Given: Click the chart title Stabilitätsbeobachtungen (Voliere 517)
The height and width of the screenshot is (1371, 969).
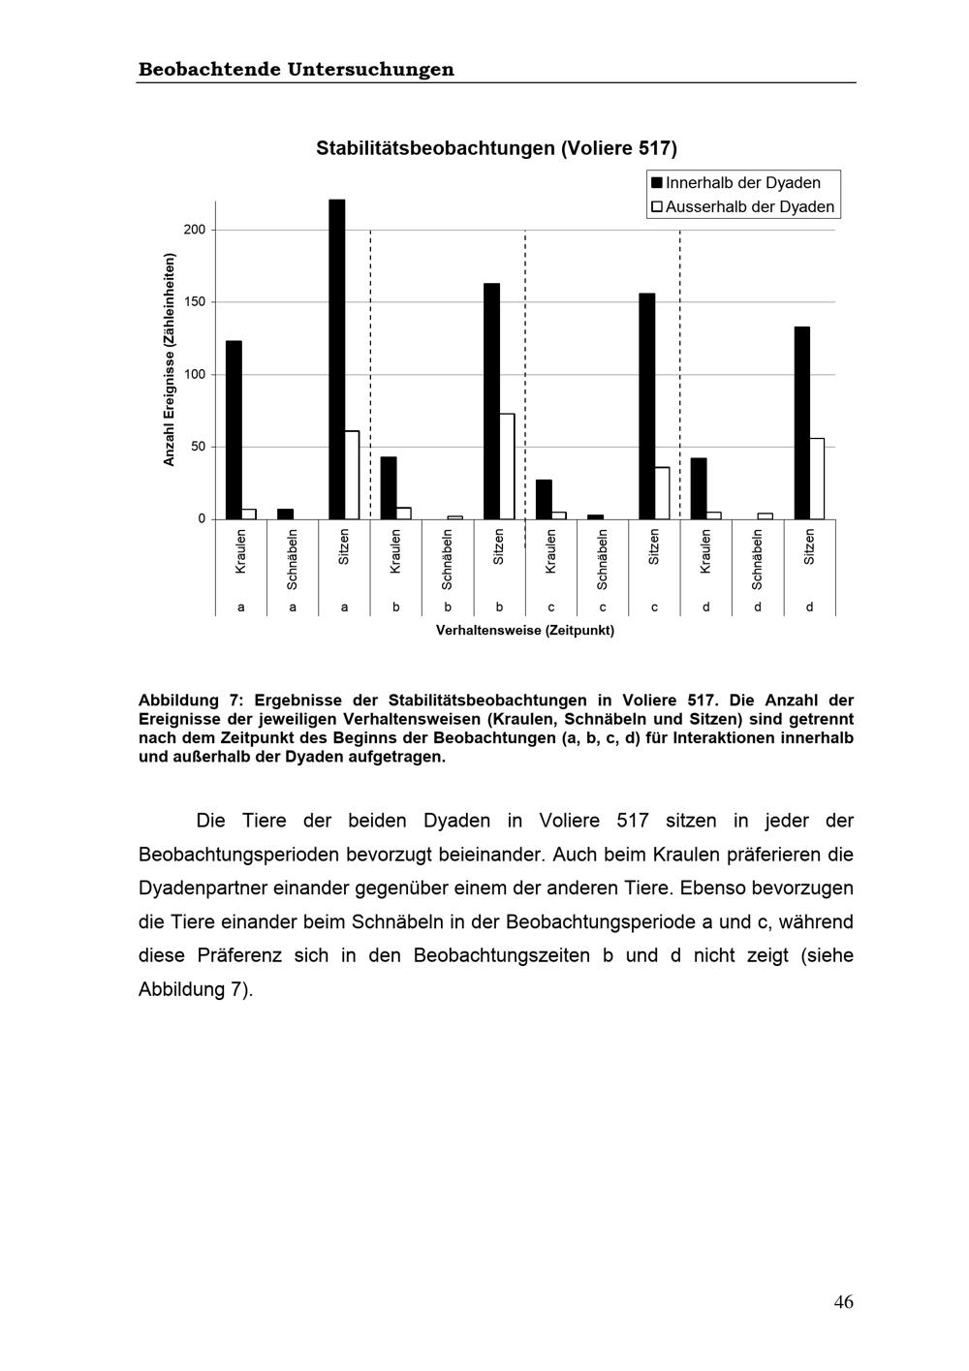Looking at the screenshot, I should click(x=496, y=148).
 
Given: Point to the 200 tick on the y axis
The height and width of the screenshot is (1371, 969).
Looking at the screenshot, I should click(x=195, y=230).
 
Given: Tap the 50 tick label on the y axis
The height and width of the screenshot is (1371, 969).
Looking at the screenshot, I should click(x=198, y=447).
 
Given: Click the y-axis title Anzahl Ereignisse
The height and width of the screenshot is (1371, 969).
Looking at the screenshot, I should click(x=170, y=359).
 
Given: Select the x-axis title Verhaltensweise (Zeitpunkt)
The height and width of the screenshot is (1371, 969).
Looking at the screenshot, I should click(x=524, y=631).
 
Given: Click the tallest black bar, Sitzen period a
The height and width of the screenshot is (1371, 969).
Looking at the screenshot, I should click(x=337, y=359).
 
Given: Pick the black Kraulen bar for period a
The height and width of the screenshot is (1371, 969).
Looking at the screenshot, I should click(x=234, y=430).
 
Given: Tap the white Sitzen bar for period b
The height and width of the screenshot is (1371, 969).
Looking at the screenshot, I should click(x=507, y=466).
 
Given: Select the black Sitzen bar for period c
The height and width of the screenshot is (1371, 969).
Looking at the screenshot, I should click(x=646, y=406).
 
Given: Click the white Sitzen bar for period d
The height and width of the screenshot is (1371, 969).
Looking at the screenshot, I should click(x=817, y=479).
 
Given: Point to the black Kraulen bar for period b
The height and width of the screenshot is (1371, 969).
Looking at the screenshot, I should click(x=389, y=488).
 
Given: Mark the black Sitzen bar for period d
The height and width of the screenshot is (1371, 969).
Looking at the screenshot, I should click(x=801, y=422).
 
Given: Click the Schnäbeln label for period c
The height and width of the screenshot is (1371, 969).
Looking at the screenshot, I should click(x=603, y=559).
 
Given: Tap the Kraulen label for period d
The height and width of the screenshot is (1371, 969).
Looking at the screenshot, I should click(x=705, y=551).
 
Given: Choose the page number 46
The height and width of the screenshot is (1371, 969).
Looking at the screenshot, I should click(x=843, y=1302).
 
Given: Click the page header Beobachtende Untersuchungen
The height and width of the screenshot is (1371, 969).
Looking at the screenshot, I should click(x=297, y=70).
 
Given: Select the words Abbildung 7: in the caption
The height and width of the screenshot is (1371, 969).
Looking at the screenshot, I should click(x=191, y=701).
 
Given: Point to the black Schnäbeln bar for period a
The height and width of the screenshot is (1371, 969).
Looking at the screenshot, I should click(x=285, y=514).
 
